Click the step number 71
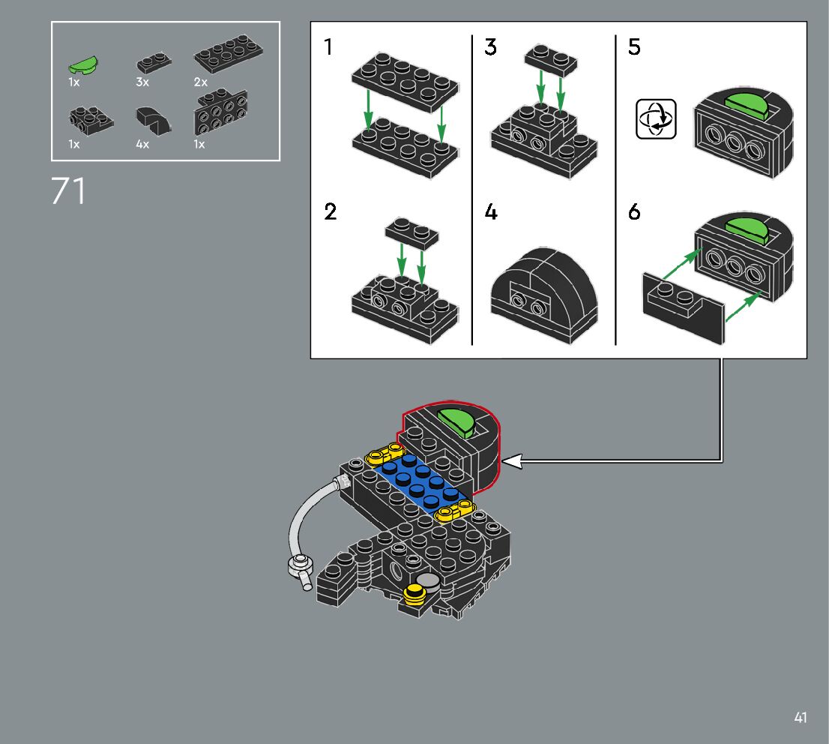point(69,191)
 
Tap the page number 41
point(801,718)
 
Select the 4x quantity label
point(142,144)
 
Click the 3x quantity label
point(142,82)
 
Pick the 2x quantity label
point(200,82)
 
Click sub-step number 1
point(329,47)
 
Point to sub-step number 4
point(490,212)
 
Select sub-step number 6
point(634,212)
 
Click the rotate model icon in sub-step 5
point(656,119)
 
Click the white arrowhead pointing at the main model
point(511,462)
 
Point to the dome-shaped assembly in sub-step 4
point(544,295)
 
